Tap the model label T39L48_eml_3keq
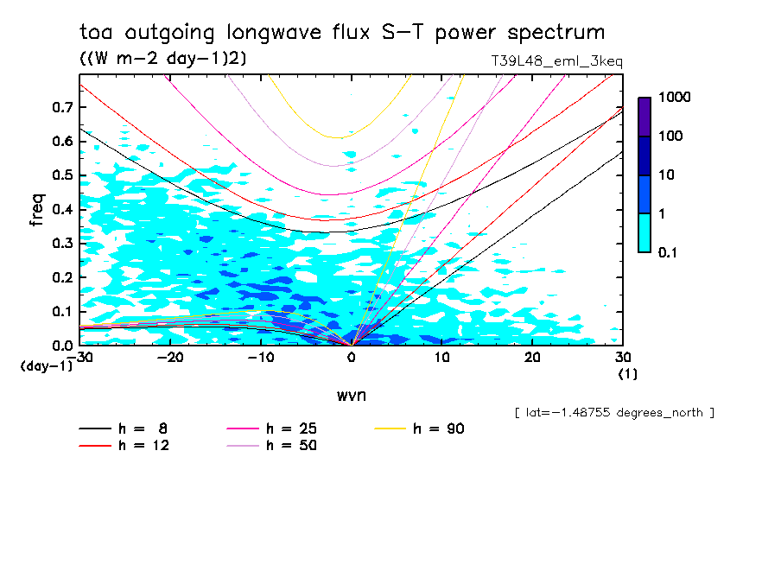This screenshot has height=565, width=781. [x=556, y=61]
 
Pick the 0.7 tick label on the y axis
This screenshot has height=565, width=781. [x=60, y=107]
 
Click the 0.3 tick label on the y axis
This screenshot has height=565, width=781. [x=60, y=244]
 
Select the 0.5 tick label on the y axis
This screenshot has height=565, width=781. [x=60, y=175]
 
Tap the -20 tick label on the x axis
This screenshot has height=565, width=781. [x=170, y=358]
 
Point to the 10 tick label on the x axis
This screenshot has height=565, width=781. [x=441, y=358]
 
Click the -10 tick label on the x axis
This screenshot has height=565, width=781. [x=260, y=358]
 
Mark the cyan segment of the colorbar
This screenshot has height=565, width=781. [x=644, y=232]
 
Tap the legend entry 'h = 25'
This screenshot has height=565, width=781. [x=271, y=429]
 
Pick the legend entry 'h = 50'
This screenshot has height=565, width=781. [x=271, y=446]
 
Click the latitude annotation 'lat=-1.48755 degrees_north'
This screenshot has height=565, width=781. [x=614, y=412]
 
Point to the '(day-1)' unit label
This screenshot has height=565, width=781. [x=47, y=366]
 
